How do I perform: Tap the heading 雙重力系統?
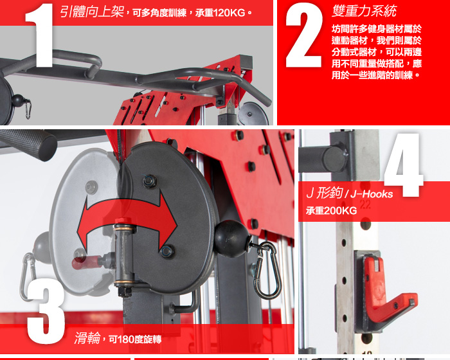click(x=364, y=11)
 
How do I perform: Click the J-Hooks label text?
click(x=372, y=194)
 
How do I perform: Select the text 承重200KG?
click(x=331, y=211)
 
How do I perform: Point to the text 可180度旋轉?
click(x=135, y=339)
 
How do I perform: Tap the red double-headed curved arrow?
click(x=126, y=221)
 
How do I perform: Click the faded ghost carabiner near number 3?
click(x=27, y=277)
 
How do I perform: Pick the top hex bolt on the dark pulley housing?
click(x=150, y=181)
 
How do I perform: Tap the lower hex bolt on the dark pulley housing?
click(x=167, y=251)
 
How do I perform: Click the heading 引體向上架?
click(x=92, y=12)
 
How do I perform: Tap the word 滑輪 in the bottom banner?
click(x=87, y=338)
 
